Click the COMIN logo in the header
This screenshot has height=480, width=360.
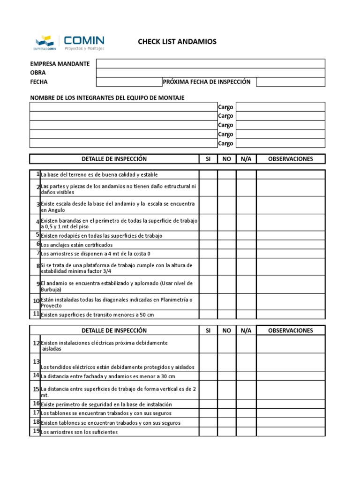(x=69, y=42)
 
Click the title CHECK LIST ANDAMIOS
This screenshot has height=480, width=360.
(x=177, y=42)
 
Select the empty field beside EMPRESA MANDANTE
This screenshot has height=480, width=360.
(x=210, y=64)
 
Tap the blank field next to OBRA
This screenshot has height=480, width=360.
(x=210, y=73)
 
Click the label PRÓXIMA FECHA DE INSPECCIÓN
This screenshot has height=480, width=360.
(x=207, y=82)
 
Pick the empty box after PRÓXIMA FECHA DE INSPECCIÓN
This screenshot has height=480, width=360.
(x=291, y=82)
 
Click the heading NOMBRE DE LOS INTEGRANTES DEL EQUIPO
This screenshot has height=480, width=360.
(x=107, y=97)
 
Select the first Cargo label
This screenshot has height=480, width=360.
(x=225, y=107)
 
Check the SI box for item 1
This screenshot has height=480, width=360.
(x=208, y=174)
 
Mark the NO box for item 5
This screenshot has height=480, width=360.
(x=227, y=235)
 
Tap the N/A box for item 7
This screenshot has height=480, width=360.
(x=246, y=254)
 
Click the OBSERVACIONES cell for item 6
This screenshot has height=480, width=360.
(x=291, y=245)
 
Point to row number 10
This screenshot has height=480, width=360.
(x=36, y=300)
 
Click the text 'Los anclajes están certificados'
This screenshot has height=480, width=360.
(x=77, y=245)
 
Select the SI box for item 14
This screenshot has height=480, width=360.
(x=208, y=376)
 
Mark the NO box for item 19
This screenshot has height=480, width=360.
(x=227, y=432)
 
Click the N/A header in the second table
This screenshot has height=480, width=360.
(x=246, y=330)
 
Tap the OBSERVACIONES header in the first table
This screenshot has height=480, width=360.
(x=291, y=159)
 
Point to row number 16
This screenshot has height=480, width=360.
(x=36, y=404)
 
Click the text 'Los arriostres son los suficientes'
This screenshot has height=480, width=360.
(x=79, y=432)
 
